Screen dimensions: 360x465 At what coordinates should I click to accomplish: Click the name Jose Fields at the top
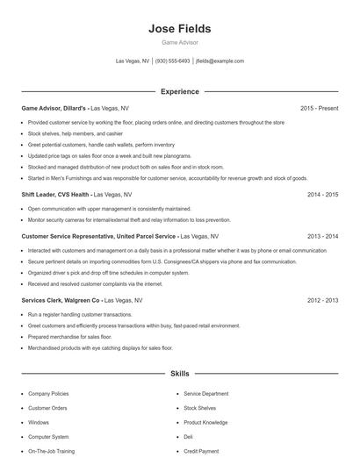179,28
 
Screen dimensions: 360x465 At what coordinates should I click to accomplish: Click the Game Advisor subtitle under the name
179,42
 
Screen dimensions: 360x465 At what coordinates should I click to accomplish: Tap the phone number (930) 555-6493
173,61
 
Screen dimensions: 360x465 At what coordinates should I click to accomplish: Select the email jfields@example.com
220,61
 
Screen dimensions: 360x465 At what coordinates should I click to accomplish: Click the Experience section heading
179,91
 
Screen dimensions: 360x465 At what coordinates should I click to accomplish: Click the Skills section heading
179,374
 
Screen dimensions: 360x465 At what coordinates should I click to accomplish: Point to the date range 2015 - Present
319,108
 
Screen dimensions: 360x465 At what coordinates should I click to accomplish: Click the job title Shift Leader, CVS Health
55,194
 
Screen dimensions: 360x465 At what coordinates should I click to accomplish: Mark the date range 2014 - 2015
322,194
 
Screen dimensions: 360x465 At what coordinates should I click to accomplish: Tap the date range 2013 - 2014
322,236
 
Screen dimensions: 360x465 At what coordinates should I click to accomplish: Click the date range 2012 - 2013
322,300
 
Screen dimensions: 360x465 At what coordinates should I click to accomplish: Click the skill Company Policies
48,394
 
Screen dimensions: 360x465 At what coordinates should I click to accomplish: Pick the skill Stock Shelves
201,408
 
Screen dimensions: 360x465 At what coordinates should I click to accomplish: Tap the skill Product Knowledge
205,422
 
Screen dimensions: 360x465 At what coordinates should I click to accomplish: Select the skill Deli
188,436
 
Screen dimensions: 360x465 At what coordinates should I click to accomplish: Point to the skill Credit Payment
202,451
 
